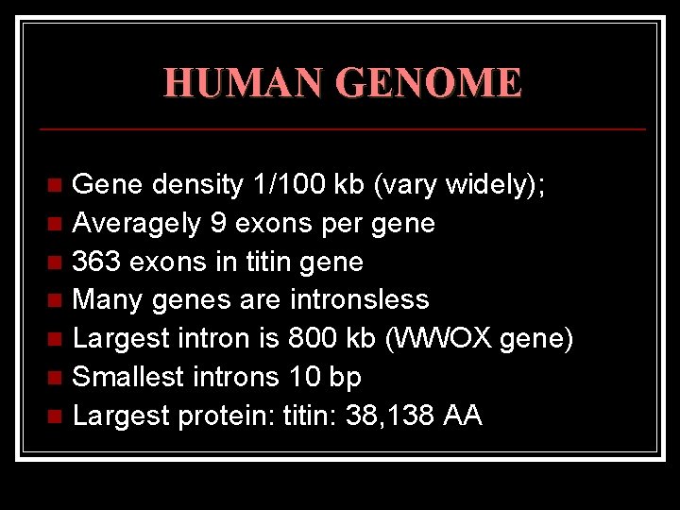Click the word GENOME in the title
point(429,83)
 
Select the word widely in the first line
point(491,184)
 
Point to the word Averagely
point(136,223)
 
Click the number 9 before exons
point(219,223)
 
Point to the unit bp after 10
point(345,377)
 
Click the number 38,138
point(376,415)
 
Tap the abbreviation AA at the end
point(462,415)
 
